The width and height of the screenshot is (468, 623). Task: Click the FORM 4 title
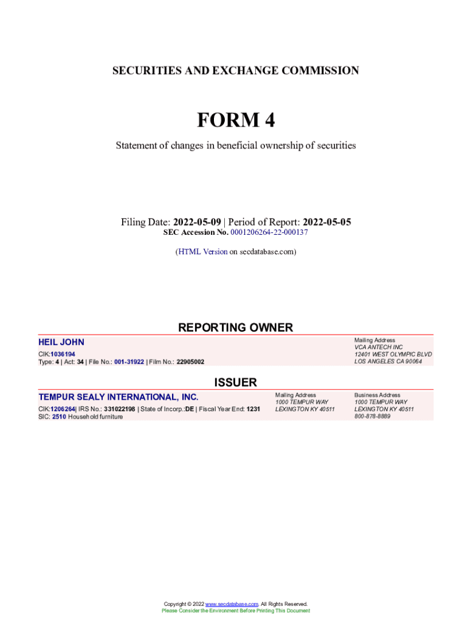click(235, 120)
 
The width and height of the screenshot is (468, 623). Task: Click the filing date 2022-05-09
click(197, 222)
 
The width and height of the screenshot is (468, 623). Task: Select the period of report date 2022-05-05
click(326, 222)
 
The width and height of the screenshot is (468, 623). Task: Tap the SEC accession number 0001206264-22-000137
click(269, 232)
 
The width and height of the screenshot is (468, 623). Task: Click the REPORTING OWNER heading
click(235, 327)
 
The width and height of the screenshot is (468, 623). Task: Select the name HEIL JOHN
click(61, 342)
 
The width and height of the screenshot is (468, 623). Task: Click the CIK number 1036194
click(63, 354)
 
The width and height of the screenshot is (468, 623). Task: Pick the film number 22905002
click(190, 362)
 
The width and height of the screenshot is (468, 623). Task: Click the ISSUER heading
click(235, 383)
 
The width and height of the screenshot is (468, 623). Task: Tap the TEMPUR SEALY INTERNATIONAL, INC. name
click(119, 397)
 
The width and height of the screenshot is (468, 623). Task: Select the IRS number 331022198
click(119, 409)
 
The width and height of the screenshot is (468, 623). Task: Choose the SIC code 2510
click(59, 417)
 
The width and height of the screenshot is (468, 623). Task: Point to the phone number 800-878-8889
click(372, 417)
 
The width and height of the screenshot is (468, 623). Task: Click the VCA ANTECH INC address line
click(378, 347)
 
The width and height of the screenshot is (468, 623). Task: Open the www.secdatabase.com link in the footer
click(232, 604)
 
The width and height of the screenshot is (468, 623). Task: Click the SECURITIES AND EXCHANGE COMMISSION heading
click(235, 71)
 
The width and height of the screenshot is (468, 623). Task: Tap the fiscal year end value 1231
click(253, 409)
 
